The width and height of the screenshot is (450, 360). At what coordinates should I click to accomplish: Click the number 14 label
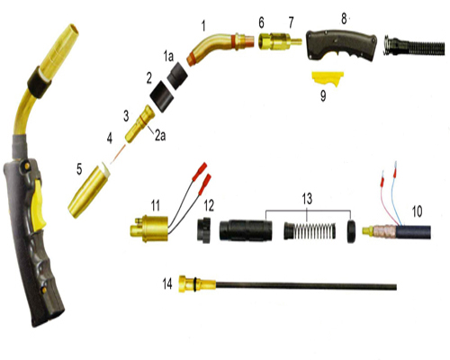coord(167,283)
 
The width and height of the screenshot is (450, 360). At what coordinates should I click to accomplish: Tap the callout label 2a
coord(160,136)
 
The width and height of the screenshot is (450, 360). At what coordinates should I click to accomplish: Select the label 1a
coord(168,56)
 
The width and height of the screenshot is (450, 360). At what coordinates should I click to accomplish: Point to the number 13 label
coord(307,199)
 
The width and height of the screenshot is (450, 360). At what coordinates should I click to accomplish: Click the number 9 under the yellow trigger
coord(323,96)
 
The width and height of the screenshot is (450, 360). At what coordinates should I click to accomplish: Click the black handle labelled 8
coord(341,45)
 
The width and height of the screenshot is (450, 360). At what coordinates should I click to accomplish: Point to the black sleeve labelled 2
coord(162,96)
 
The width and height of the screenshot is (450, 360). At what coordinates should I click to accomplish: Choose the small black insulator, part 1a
coord(177,76)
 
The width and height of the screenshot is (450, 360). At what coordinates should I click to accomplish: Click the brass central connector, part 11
coord(149,229)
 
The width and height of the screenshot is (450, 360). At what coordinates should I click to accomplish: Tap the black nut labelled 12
coord(203,229)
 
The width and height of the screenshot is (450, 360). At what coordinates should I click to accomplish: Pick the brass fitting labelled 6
coord(266,41)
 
